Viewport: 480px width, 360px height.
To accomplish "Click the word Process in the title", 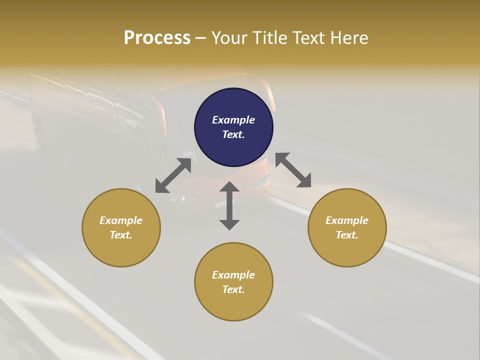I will (157, 37).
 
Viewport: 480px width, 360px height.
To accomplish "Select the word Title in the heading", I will (269, 38).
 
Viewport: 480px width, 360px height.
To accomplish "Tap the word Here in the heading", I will (348, 38).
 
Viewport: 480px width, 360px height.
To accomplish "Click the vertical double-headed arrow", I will (229, 205).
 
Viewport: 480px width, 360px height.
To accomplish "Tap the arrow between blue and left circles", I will (173, 175).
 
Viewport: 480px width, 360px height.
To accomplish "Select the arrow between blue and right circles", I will (293, 170).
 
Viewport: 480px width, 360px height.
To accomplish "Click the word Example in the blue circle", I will (233, 120).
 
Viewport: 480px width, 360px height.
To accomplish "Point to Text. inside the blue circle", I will (233, 134).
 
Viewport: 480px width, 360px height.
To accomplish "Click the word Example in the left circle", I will (121, 220).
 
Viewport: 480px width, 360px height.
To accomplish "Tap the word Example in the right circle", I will (347, 220).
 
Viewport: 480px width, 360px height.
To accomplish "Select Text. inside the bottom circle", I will (233, 289).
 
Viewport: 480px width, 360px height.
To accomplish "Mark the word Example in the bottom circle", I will (233, 275).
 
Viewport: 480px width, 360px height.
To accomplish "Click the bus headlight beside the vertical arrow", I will (260, 180).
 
